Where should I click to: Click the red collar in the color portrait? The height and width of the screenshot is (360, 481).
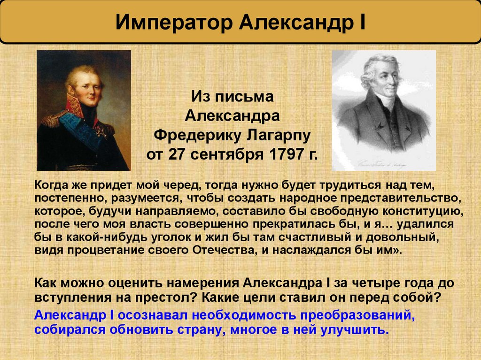(x=75, y=106)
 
